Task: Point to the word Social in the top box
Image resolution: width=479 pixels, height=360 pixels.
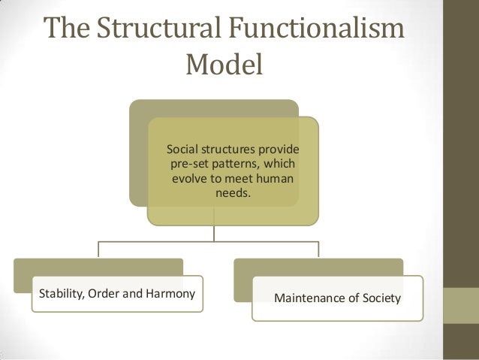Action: pyautogui.click(x=182, y=148)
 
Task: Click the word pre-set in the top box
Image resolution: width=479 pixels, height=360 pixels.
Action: pyautogui.click(x=191, y=164)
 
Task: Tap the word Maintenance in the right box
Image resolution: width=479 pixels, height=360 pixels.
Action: pyautogui.click(x=309, y=298)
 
